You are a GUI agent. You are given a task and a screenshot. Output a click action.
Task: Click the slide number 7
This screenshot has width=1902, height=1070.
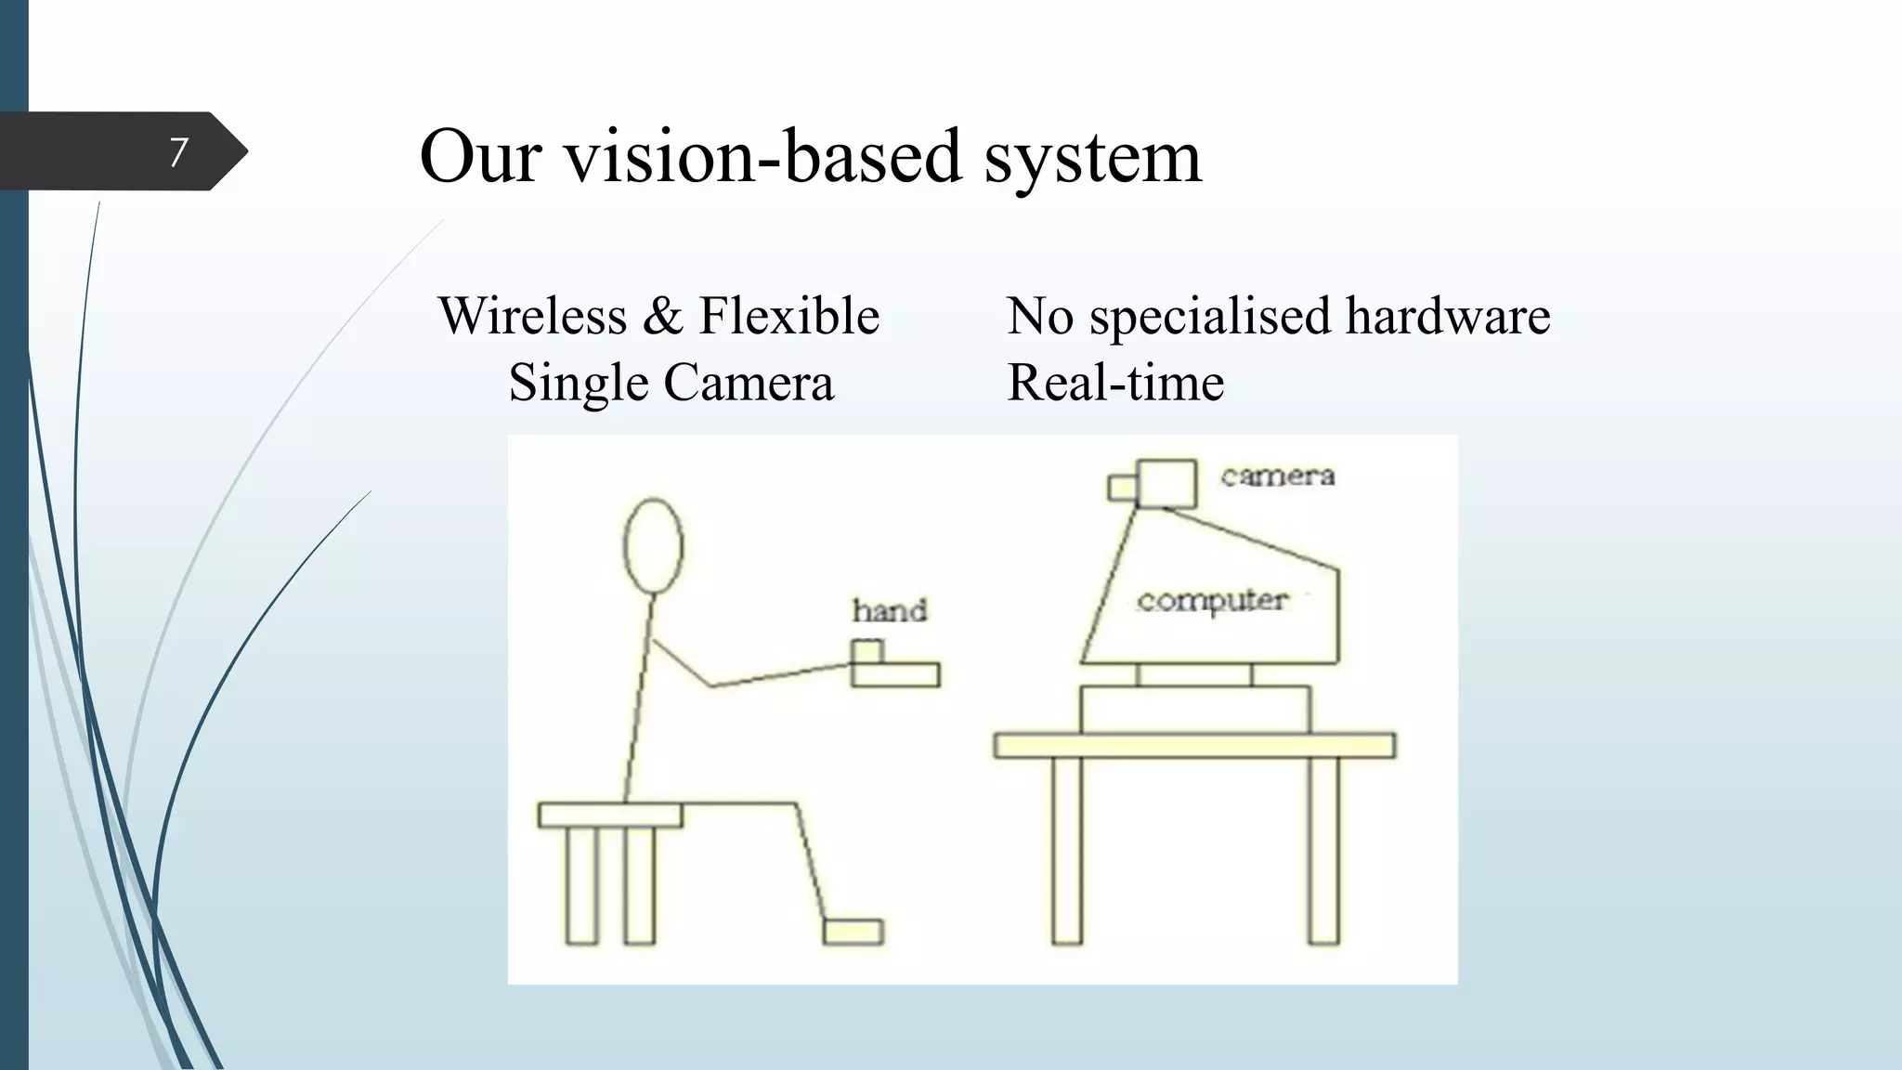click(x=178, y=151)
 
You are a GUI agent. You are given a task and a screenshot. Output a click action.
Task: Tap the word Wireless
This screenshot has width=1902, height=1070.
click(x=532, y=316)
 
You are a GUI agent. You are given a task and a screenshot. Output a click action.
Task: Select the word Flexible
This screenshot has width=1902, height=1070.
click(x=788, y=316)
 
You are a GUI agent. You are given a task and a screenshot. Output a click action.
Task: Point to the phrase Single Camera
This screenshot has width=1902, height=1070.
click(x=671, y=383)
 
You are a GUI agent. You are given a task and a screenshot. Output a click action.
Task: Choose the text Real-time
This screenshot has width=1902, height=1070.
click(x=1115, y=383)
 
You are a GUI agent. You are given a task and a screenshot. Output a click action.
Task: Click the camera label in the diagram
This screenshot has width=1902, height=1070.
click(x=1277, y=476)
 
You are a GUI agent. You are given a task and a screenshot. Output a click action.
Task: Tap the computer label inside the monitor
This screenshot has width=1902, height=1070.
click(x=1212, y=601)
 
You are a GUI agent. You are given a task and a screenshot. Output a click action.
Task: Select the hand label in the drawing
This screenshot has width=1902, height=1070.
click(x=890, y=610)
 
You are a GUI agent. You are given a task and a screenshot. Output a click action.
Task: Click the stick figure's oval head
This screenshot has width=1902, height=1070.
click(x=653, y=545)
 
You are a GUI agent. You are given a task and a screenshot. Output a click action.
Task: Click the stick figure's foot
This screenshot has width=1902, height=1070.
click(x=853, y=931)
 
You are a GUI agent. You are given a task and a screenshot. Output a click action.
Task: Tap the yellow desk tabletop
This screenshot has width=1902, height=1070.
click(x=1193, y=745)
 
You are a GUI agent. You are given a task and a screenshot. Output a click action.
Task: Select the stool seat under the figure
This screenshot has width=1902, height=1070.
click(x=609, y=815)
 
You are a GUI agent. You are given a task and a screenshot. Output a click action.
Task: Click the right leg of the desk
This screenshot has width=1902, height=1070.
click(x=1323, y=849)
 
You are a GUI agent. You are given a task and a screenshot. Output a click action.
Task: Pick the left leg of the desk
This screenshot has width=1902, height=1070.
click(x=1067, y=849)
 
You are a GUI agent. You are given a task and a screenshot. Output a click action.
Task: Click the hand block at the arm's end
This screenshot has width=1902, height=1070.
click(x=894, y=672)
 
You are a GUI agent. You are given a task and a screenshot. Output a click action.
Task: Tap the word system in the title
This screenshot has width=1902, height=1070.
click(x=1092, y=156)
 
